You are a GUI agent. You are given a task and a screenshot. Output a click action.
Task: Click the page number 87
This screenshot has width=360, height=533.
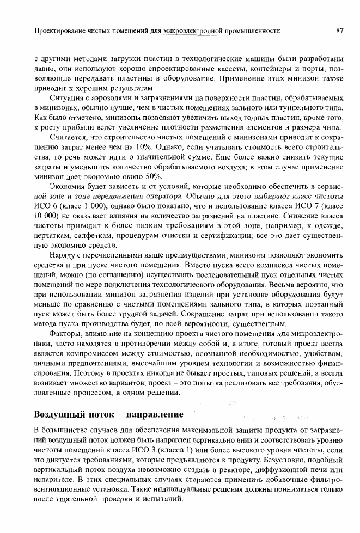339,31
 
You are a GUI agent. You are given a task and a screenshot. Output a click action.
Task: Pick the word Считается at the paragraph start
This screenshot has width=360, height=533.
68,136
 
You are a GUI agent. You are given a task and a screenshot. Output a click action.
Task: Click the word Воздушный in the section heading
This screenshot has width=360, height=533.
59,414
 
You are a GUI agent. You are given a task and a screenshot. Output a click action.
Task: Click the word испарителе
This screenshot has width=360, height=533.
52,481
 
